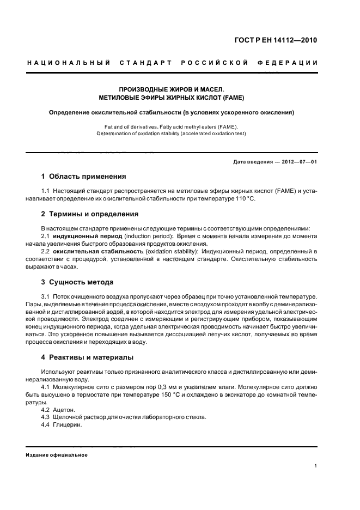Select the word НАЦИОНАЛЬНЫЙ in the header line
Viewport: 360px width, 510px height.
click(69, 63)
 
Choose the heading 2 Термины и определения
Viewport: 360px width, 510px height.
click(90, 214)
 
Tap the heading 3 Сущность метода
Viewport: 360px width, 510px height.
click(77, 282)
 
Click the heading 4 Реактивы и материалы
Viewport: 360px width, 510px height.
click(88, 357)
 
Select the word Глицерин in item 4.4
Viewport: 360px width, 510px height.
click(68, 425)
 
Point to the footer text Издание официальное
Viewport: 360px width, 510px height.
click(57, 455)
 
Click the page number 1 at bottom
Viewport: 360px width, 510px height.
click(315, 466)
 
